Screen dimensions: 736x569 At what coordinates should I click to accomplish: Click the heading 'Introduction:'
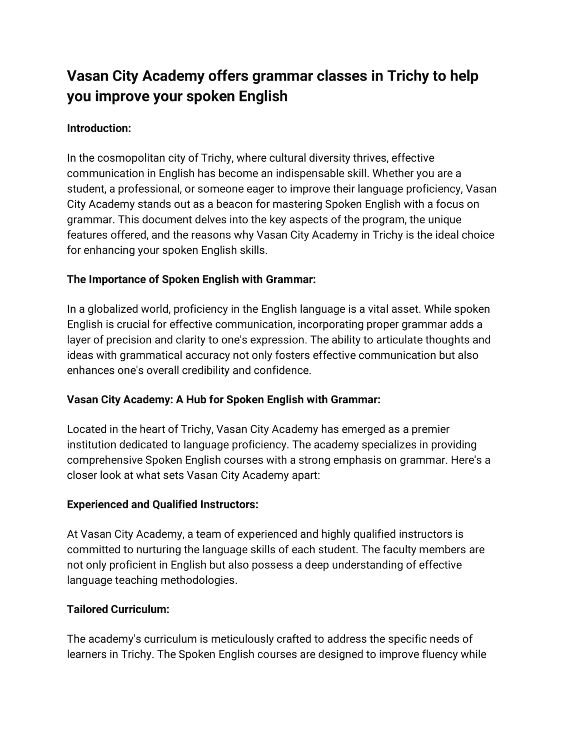(99, 128)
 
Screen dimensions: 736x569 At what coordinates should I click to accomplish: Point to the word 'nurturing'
(158, 550)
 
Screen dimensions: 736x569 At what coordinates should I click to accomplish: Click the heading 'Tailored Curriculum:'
(118, 610)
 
